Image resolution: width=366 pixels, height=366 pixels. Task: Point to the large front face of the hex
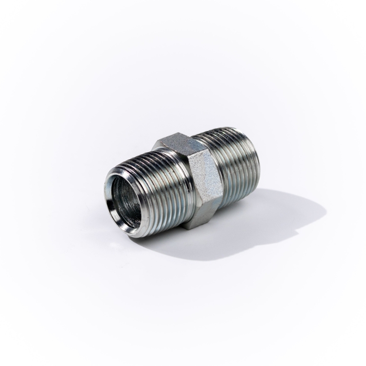click(200, 178)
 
